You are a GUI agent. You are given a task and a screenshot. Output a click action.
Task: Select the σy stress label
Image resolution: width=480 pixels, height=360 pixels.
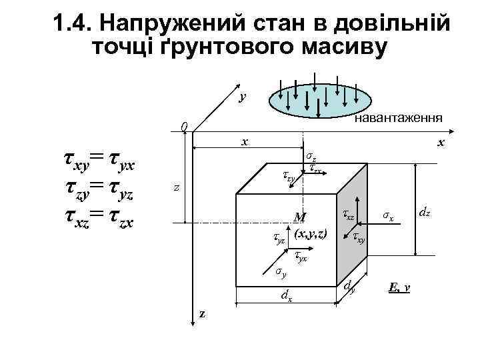pos(281,271)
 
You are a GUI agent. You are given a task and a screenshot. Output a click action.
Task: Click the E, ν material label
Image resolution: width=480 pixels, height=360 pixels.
pos(399,288)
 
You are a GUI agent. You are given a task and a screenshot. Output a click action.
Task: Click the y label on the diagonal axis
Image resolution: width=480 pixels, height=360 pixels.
pos(243,97)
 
